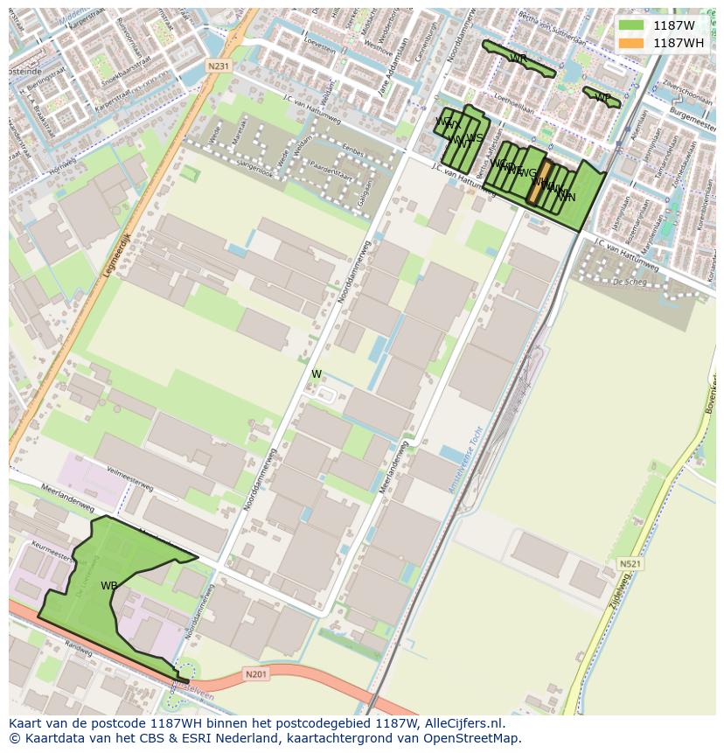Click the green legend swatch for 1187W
[630, 26]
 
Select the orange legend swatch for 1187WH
[630, 43]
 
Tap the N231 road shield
[219, 66]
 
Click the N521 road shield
[630, 564]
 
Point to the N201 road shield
[255, 673]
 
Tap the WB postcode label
[108, 586]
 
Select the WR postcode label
[518, 59]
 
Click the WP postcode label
[602, 97]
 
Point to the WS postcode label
[475, 137]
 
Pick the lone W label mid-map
[317, 374]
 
